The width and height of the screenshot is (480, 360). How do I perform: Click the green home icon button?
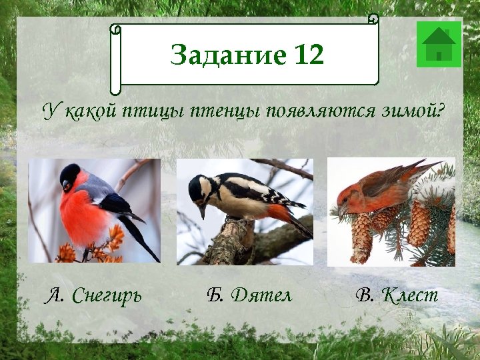(439, 44)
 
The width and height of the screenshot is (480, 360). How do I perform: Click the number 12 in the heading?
(307, 55)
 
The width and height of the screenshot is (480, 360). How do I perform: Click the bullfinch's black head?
(70, 177)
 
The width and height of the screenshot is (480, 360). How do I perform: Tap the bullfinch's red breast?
(80, 213)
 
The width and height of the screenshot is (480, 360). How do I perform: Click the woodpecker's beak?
(202, 212)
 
